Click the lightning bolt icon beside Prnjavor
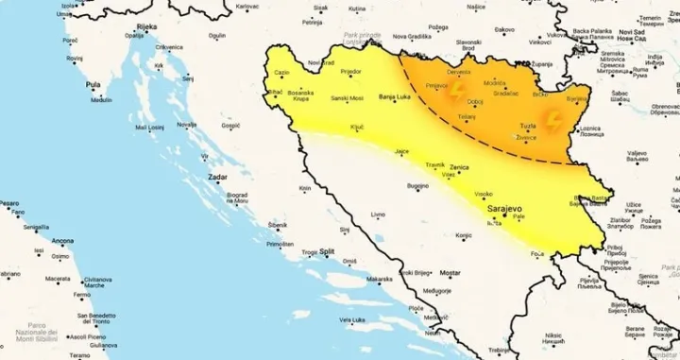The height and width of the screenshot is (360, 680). pos(458,91)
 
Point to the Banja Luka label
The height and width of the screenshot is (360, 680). pos(394,97)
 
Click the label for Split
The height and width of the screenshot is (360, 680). pos(327,251)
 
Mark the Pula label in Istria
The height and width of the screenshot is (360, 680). pos(93,84)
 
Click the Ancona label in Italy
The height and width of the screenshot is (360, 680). pos(64,240)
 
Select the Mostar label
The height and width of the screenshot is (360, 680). pos(450,273)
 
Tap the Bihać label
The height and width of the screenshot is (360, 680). pos(275,93)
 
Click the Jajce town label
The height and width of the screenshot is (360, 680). pos(402,151)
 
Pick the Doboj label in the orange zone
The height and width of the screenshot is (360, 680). pos(475,101)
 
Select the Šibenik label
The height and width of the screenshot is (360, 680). pos(278,225)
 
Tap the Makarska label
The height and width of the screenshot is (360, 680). pos(380,279)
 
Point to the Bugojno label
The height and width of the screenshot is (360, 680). pos(418,187)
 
